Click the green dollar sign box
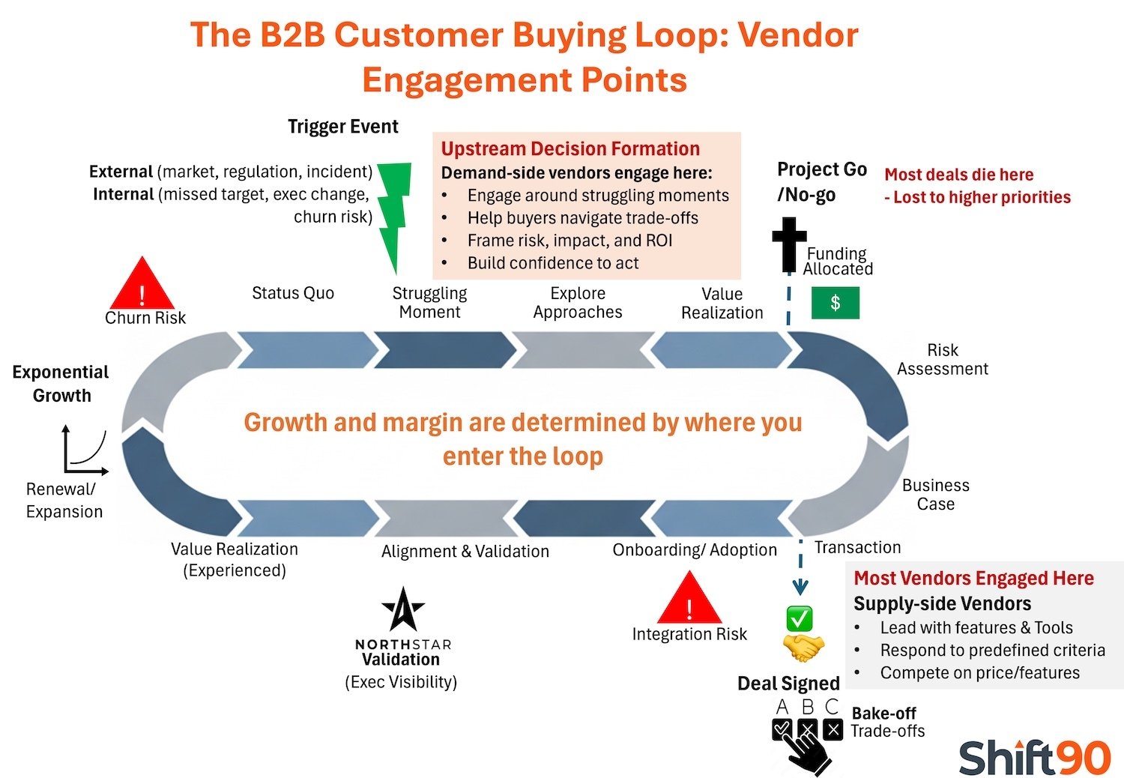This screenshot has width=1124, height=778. tap(835, 303)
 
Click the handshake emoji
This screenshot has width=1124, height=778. tap(803, 647)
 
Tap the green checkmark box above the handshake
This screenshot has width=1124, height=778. tap(800, 618)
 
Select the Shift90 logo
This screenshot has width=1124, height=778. tap(1034, 757)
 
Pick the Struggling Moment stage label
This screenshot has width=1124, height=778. tap(429, 303)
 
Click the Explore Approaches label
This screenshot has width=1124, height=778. tap(577, 303)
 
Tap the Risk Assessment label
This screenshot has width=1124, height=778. tap(942, 360)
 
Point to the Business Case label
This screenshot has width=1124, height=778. tap(935, 495)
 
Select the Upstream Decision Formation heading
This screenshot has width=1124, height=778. tap(569, 148)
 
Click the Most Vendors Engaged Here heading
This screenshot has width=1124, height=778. tap(973, 578)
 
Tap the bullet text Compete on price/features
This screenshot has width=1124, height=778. tap(979, 673)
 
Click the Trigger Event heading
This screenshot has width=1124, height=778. tap(342, 127)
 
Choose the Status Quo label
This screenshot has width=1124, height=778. tap(292, 293)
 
